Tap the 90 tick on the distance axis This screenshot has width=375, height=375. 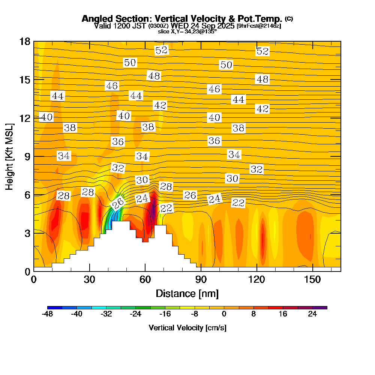click(x=201, y=280)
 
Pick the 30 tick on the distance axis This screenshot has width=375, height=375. click(x=89, y=280)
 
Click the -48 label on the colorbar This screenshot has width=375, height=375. click(x=47, y=314)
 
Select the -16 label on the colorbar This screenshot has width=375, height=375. click(x=165, y=314)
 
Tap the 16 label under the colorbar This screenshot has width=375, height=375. click(x=283, y=314)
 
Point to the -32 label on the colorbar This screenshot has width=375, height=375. click(x=106, y=314)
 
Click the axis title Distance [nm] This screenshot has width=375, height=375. click(x=187, y=293)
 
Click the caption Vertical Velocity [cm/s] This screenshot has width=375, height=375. click(x=187, y=328)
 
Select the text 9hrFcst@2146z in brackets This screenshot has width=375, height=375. click(x=259, y=26)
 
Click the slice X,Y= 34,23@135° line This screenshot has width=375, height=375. click(x=187, y=31)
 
